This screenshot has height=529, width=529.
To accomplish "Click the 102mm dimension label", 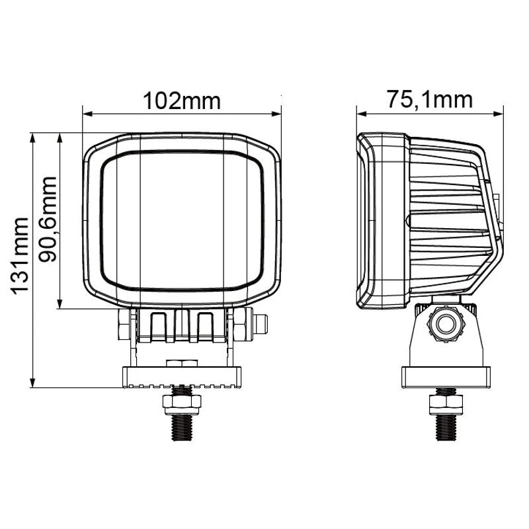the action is (x=182, y=101).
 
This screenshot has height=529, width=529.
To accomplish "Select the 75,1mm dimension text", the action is (x=429, y=99).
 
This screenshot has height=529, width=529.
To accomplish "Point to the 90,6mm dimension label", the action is (x=47, y=219).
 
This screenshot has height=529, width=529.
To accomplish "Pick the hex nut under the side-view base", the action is (x=446, y=404).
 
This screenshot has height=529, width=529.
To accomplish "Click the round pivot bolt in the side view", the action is (x=446, y=325).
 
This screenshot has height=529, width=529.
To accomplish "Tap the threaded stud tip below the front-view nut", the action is (x=182, y=427).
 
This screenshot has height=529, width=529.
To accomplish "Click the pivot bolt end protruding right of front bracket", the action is (x=261, y=324).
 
